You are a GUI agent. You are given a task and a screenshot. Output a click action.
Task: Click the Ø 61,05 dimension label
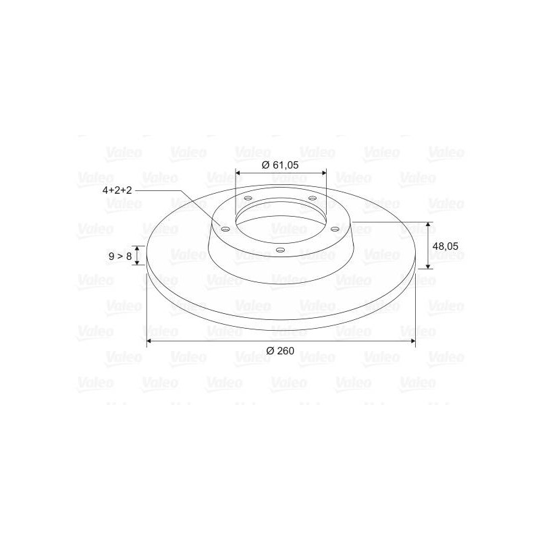point(280,165)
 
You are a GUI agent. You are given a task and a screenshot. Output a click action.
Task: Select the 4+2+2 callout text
point(117,190)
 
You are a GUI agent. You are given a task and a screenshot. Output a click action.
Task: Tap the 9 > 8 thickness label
point(120,256)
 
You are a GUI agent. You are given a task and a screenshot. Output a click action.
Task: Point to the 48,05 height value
point(446,246)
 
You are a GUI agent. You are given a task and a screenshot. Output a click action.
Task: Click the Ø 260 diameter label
point(280,350)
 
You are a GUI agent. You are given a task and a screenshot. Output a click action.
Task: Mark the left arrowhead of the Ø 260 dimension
point(149,341)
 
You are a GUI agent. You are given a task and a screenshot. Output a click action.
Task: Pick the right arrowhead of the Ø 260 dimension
point(412,341)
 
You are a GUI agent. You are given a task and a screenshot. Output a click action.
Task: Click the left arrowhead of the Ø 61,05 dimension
point(238,173)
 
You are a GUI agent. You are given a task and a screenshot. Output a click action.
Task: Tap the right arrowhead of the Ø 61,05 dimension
point(323,173)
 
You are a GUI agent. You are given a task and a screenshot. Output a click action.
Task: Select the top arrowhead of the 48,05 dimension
point(428,225)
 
